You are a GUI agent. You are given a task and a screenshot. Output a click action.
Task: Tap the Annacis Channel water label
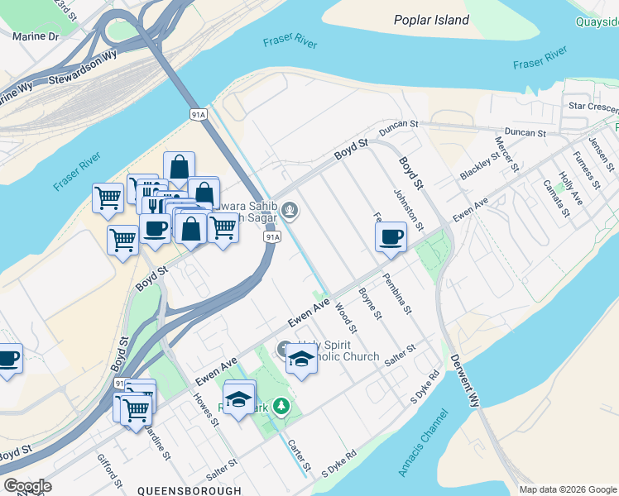[x=422, y=442]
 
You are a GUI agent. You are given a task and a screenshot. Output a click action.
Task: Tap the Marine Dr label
[x=36, y=36]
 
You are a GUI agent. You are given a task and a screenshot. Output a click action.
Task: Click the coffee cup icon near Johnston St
[x=391, y=237]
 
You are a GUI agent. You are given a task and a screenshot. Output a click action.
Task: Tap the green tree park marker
[x=282, y=406]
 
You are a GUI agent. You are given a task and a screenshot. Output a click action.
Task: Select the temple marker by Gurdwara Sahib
[x=289, y=211]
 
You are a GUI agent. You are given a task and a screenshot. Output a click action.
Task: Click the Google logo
[x=28, y=486]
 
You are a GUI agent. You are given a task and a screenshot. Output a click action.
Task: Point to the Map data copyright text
[x=568, y=489]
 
